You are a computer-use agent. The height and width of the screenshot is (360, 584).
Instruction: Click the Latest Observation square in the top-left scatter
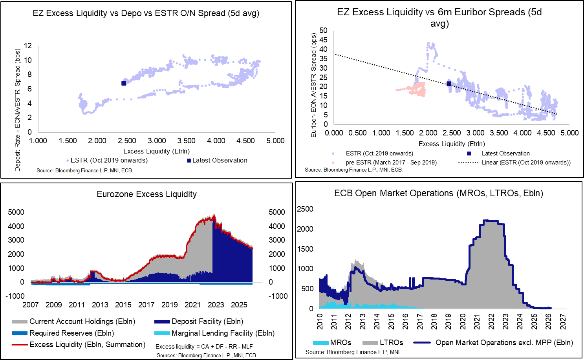point(124,83)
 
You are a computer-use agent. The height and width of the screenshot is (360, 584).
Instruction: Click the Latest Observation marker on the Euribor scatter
point(449,84)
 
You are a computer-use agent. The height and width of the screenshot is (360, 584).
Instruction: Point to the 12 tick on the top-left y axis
point(28,46)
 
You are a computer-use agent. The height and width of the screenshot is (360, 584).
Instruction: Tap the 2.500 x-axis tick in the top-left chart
point(127,141)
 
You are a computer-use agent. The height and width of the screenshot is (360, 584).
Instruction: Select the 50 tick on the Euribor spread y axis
point(323,30)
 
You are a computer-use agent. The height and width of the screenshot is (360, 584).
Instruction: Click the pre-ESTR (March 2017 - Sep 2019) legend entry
point(391,163)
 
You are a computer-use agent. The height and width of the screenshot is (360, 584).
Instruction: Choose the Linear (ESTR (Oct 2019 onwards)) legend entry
point(526,163)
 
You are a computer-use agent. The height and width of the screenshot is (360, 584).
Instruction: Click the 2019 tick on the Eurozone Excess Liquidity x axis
point(170,305)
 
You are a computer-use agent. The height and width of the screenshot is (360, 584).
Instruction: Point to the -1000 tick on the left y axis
point(15,296)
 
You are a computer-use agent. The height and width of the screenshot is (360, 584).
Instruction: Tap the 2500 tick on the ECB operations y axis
point(305,209)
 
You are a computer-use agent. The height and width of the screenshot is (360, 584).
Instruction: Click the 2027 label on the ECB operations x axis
point(563,322)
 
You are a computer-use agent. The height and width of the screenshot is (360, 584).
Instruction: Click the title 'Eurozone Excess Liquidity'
point(146,194)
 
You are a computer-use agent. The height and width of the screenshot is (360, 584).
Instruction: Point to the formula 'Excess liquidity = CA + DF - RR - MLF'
point(204,347)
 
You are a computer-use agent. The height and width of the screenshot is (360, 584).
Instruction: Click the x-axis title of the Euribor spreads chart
point(452,144)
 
